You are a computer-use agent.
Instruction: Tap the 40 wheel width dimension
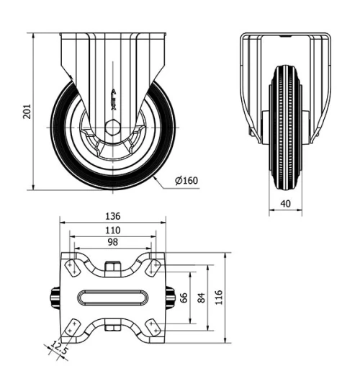286,204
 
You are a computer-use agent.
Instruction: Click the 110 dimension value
112,230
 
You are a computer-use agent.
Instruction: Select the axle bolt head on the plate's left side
54,298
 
